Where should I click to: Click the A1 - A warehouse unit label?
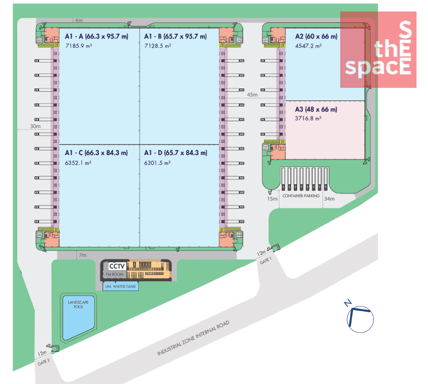coord(96,36)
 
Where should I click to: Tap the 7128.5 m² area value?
coord(158,46)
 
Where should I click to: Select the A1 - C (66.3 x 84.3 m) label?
coord(96,153)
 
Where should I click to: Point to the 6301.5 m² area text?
coord(158,163)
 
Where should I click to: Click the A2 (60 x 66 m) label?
coord(316,36)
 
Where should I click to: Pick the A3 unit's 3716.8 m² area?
coord(308,118)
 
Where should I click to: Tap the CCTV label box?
coord(117,266)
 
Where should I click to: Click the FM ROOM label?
coord(115,274)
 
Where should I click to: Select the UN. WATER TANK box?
coord(120,286)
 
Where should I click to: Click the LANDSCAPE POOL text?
coord(79,304)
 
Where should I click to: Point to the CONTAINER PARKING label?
coord(301,196)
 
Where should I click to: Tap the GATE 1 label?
coord(266,261)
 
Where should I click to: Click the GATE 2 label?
coord(44,362)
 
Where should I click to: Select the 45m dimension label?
coord(252,95)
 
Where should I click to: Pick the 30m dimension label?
coord(35,126)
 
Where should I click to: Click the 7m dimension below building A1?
coord(83,255)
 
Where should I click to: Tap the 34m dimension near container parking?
coord(329,199)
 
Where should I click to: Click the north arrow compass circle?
coord(360,319)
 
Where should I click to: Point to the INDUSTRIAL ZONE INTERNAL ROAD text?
coord(193,338)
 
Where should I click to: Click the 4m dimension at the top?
coord(79,20)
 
